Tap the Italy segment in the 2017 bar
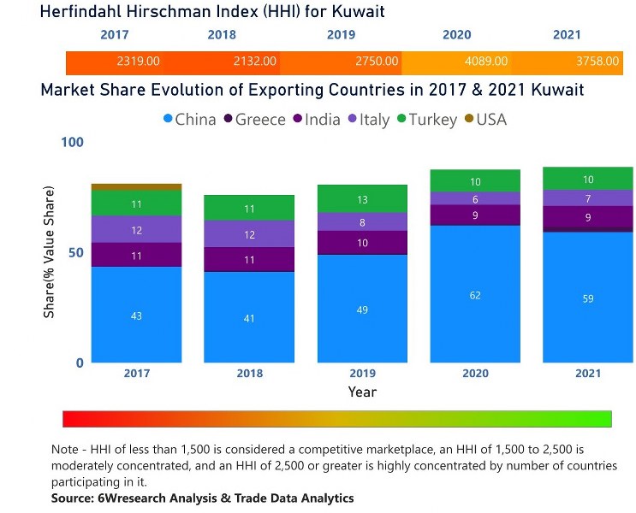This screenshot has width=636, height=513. click(x=136, y=229)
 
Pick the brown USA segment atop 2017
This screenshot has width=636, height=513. click(x=136, y=186)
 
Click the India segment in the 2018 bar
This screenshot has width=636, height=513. click(x=249, y=259)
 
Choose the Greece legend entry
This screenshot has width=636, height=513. click(x=254, y=120)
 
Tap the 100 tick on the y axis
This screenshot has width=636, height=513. click(x=73, y=142)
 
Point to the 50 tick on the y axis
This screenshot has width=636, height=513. click(x=78, y=253)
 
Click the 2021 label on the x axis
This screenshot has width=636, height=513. click(x=587, y=374)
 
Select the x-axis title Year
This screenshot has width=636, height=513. click(x=361, y=392)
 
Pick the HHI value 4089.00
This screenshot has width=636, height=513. click(x=486, y=62)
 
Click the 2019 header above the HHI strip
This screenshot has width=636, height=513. click(x=341, y=35)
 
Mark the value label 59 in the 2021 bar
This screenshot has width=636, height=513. click(x=588, y=298)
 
